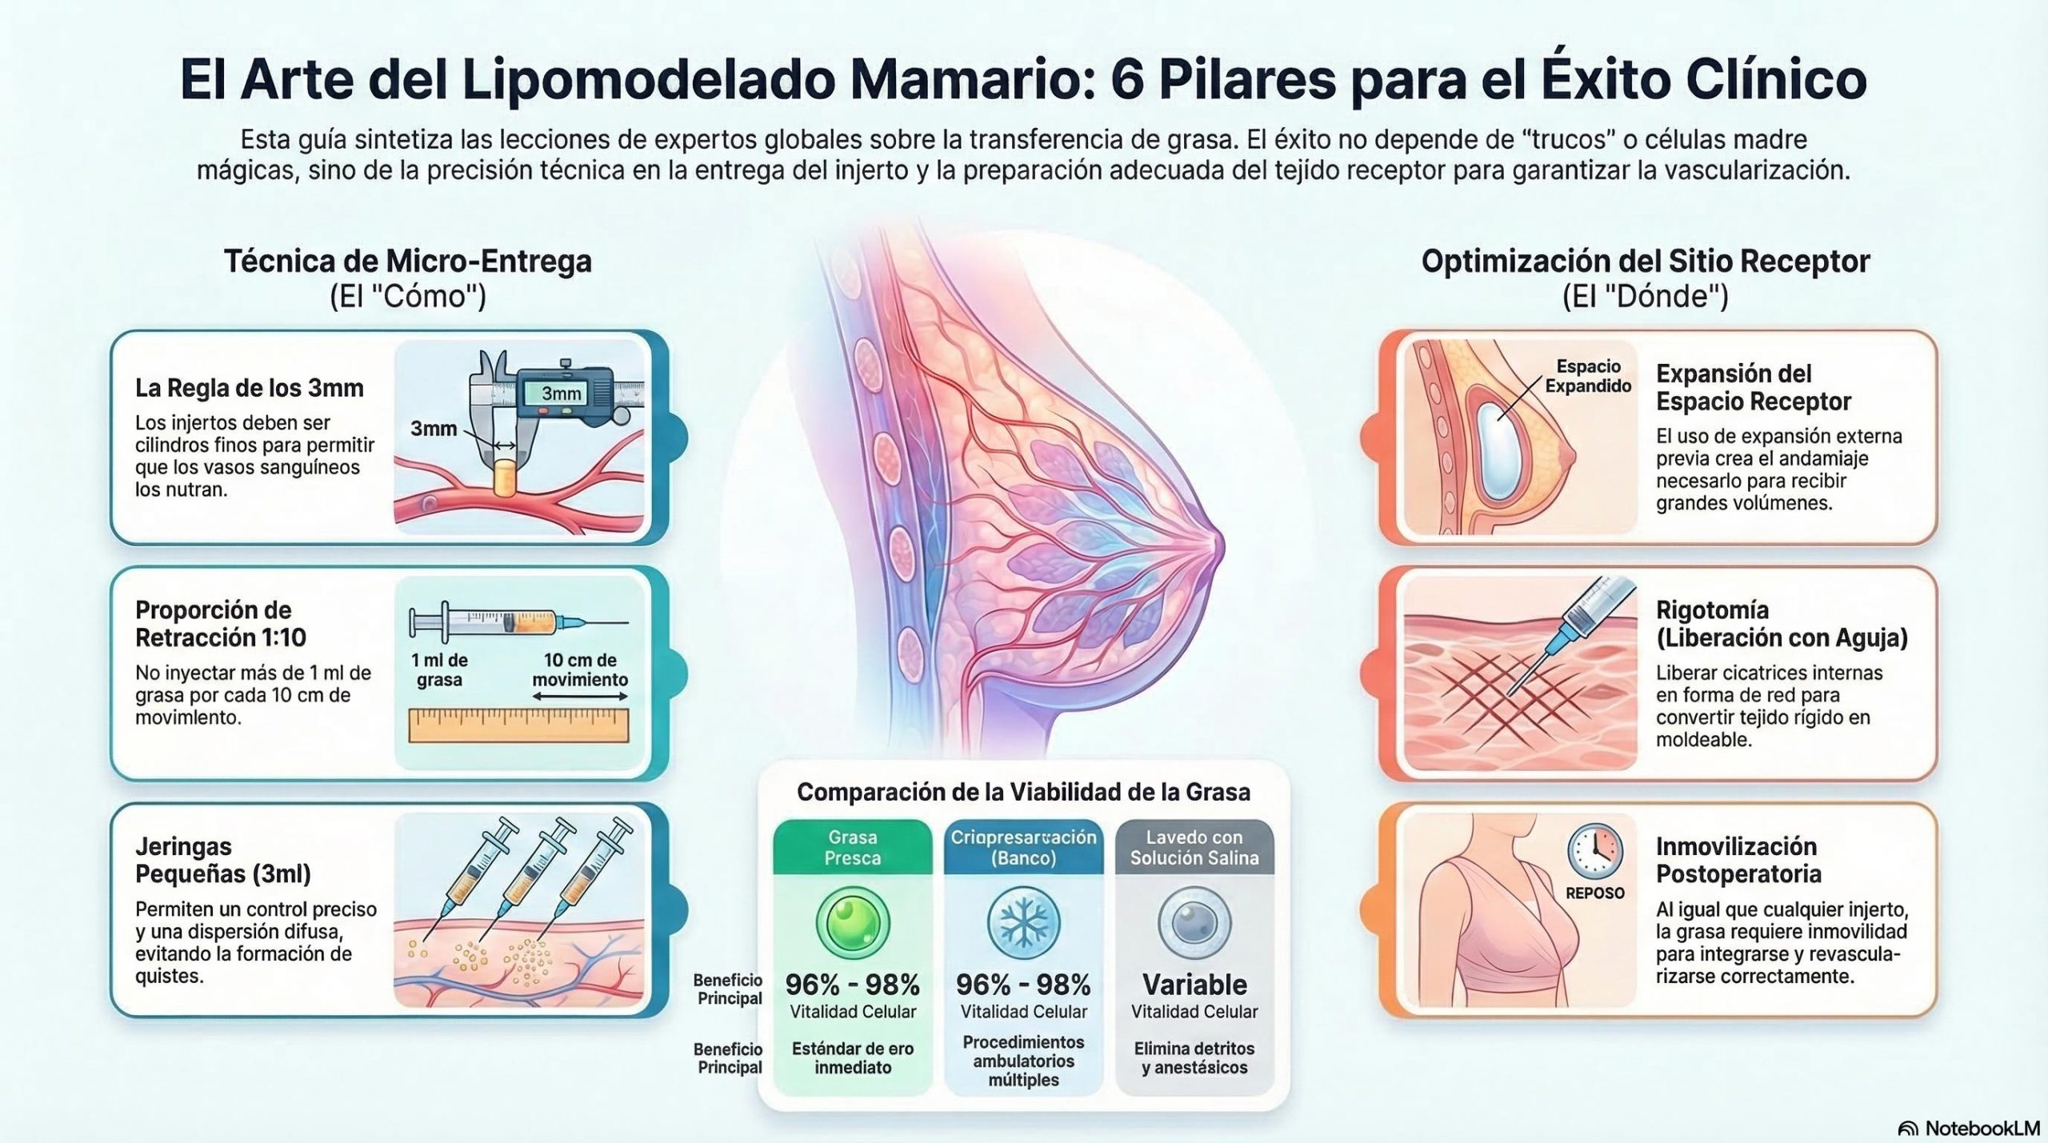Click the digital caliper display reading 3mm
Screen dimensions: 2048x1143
(562, 393)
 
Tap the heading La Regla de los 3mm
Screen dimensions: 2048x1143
(250, 388)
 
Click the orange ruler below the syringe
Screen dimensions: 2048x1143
(518, 725)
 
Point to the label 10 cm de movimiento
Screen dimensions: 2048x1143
(580, 669)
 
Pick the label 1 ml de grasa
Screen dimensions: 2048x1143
(439, 669)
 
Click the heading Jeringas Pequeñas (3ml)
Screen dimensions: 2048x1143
(223, 860)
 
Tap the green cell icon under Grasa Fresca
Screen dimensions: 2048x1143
(853, 923)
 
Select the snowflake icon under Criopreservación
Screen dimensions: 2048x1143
(1023, 923)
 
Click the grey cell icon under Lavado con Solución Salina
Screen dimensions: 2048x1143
(1194, 923)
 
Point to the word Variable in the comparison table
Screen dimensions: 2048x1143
(1194, 984)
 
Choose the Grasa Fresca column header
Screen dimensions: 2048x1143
(853, 847)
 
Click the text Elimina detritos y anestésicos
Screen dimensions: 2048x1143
(1194, 1057)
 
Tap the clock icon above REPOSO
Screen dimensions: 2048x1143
(1595, 852)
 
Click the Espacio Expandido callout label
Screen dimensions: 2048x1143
(1588, 376)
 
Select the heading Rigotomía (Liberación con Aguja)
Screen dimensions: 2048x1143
(1782, 624)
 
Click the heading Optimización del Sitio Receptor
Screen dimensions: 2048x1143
(1646, 262)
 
